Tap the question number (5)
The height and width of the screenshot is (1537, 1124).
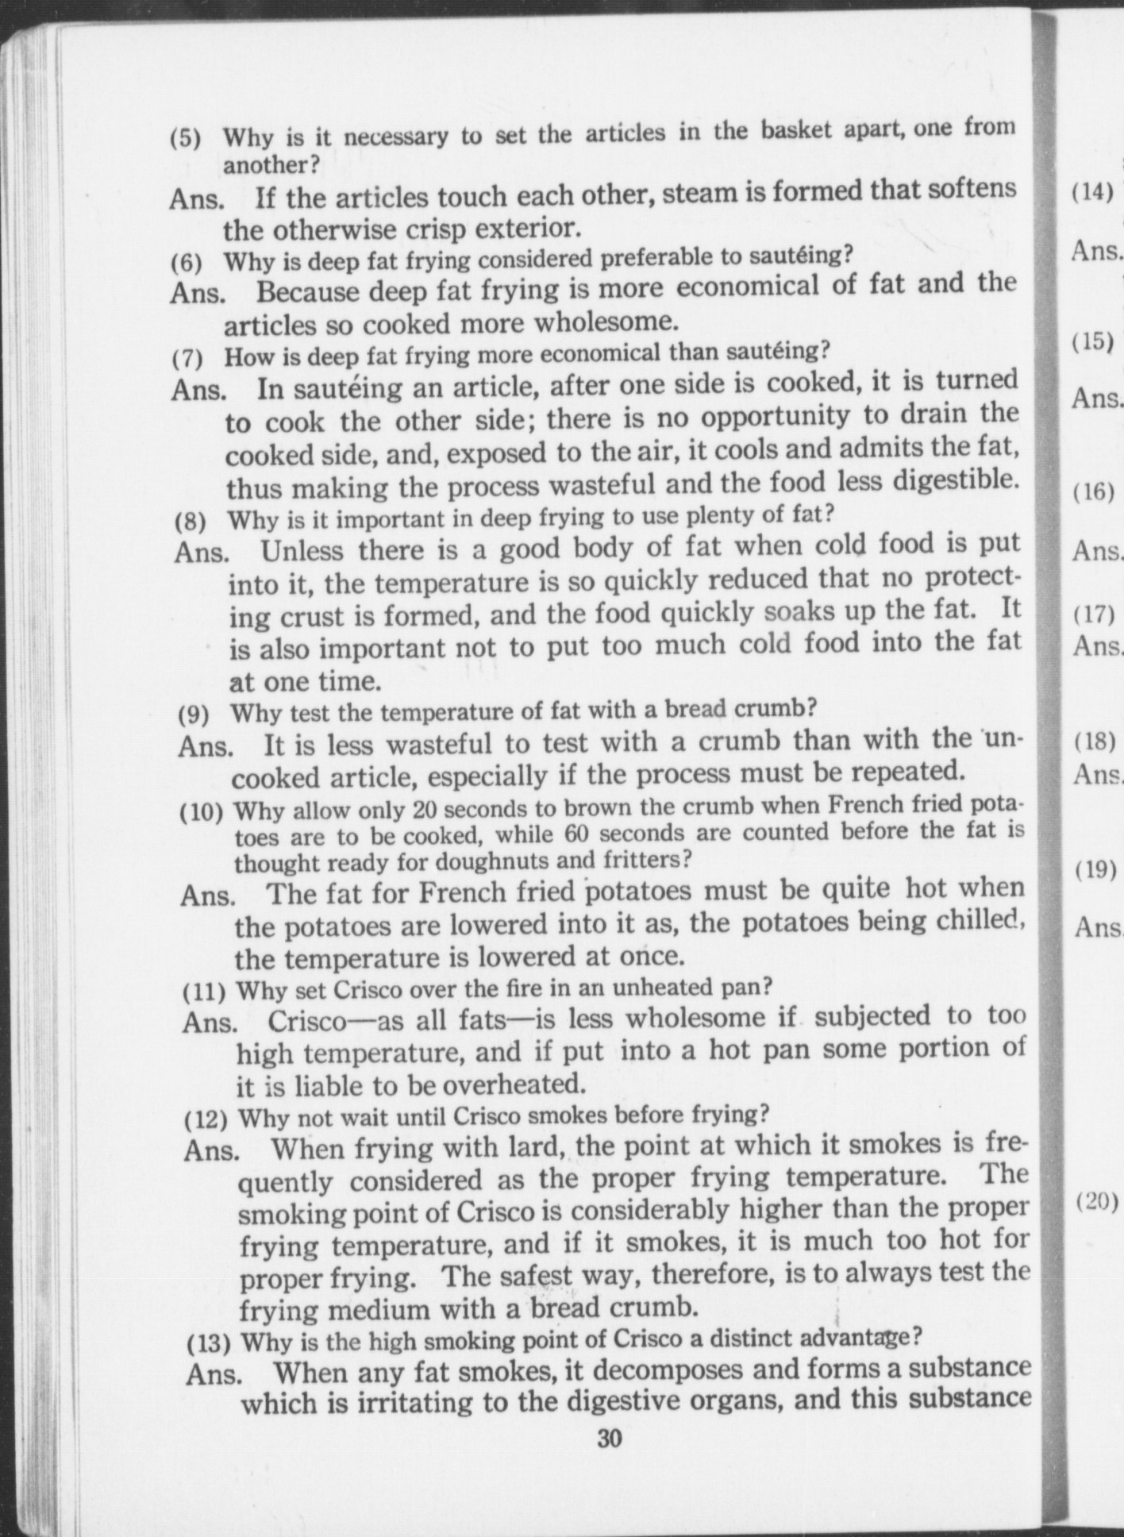pyautogui.click(x=186, y=139)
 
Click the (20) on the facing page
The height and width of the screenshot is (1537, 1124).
pyautogui.click(x=1097, y=1200)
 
